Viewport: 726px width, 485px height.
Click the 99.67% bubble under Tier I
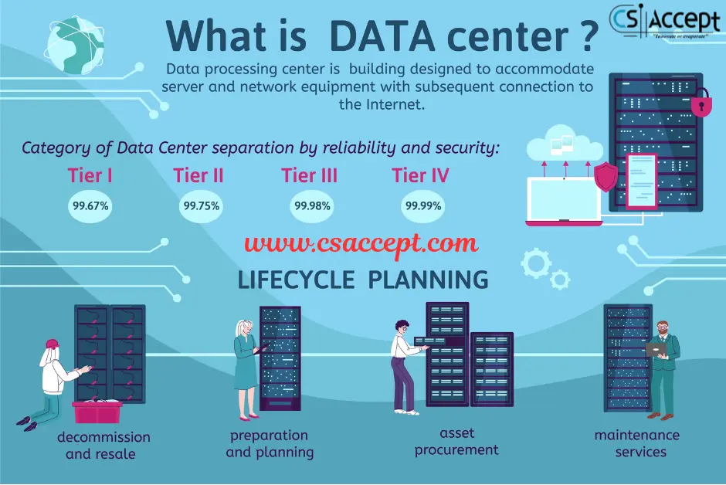tap(91, 207)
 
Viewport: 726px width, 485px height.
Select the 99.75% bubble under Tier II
tap(201, 206)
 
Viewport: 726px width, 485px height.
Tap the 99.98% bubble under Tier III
tap(312, 206)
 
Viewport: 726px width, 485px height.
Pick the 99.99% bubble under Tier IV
tap(422, 206)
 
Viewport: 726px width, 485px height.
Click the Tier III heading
tap(309, 175)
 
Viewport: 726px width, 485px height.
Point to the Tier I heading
tap(90, 175)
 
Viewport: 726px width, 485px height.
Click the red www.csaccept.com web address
tap(361, 244)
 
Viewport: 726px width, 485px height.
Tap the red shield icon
tap(606, 177)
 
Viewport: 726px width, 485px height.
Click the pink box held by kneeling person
tap(97, 412)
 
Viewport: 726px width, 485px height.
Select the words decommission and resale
tap(103, 446)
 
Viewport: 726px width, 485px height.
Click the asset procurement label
tap(456, 442)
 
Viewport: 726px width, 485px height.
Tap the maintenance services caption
tap(636, 443)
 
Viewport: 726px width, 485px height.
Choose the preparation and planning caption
tap(270, 444)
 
